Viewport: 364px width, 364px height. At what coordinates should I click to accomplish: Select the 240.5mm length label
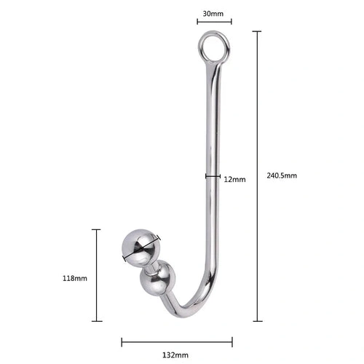[x=281, y=175]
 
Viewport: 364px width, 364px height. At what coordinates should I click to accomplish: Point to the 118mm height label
[x=76, y=278]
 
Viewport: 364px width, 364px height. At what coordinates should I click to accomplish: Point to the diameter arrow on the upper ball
[x=141, y=248]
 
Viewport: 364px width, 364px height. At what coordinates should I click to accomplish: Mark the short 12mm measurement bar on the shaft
[x=212, y=175]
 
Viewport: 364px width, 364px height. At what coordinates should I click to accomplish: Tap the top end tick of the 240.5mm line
[x=256, y=32]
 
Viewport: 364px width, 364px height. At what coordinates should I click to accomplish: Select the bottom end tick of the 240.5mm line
[x=256, y=320]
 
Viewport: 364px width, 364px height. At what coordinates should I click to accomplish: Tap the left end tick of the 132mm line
[x=122, y=340]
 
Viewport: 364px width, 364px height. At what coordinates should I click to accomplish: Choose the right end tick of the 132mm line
[x=232, y=340]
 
